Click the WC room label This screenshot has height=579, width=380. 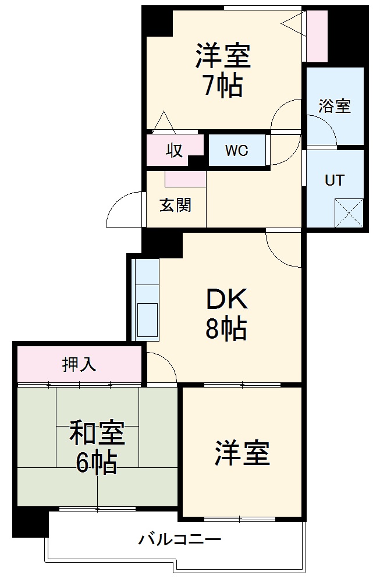[237, 151]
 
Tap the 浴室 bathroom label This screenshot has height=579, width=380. [335, 106]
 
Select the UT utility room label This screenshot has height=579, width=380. [334, 180]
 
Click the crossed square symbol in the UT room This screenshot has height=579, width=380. [349, 212]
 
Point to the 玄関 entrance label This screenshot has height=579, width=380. [175, 205]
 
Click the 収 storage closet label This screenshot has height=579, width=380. [175, 150]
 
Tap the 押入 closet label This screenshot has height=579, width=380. [79, 364]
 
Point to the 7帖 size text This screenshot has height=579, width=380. [223, 86]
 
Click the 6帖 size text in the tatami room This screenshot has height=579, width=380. [96, 463]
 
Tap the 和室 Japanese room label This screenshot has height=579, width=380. [97, 434]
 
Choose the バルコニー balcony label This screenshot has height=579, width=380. [180, 539]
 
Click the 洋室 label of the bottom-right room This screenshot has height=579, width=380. [242, 453]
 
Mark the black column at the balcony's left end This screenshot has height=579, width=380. [30, 522]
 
